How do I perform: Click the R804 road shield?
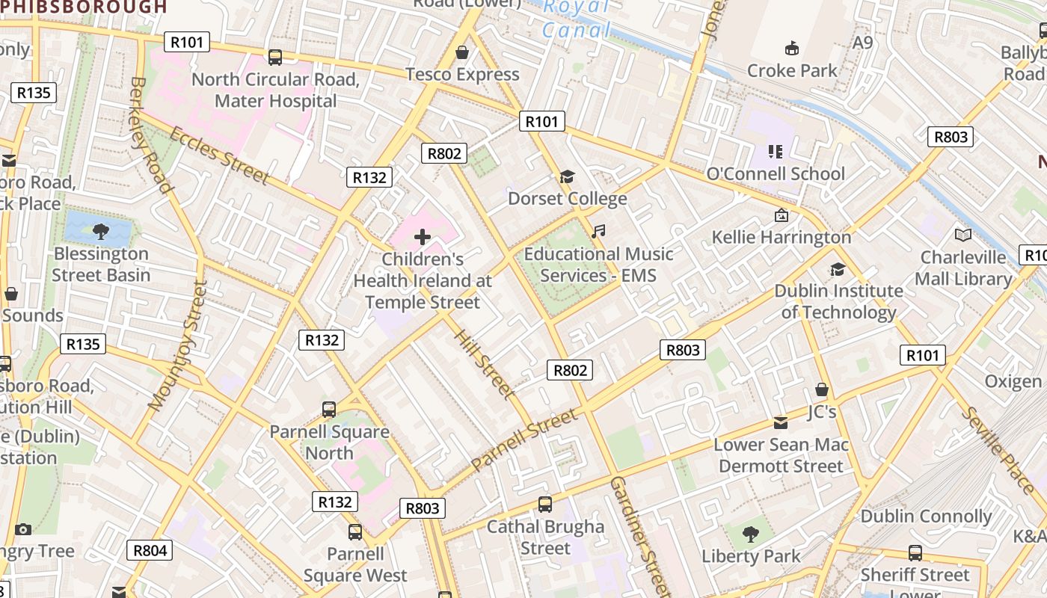pyautogui.click(x=150, y=551)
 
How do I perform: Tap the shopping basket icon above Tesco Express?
pyautogui.click(x=462, y=52)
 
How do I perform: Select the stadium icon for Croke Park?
pyautogui.click(x=792, y=49)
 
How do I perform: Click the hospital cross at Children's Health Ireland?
pyautogui.click(x=423, y=238)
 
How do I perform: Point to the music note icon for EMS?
pyautogui.click(x=598, y=232)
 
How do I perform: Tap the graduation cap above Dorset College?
pyautogui.click(x=567, y=177)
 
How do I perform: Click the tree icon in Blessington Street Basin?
pyautogui.click(x=101, y=232)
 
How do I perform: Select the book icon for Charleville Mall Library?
pyautogui.click(x=963, y=235)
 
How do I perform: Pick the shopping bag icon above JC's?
pyautogui.click(x=822, y=389)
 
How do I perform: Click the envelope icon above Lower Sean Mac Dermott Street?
pyautogui.click(x=781, y=423)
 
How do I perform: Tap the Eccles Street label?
pyautogui.click(x=219, y=155)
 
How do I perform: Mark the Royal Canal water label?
pyautogui.click(x=577, y=19)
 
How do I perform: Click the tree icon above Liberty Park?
pyautogui.click(x=750, y=534)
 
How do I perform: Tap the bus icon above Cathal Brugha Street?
pyautogui.click(x=545, y=505)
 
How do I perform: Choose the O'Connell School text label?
pyautogui.click(x=776, y=173)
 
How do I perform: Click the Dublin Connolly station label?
pyautogui.click(x=926, y=517)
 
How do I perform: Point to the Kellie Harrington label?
pyautogui.click(x=782, y=237)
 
